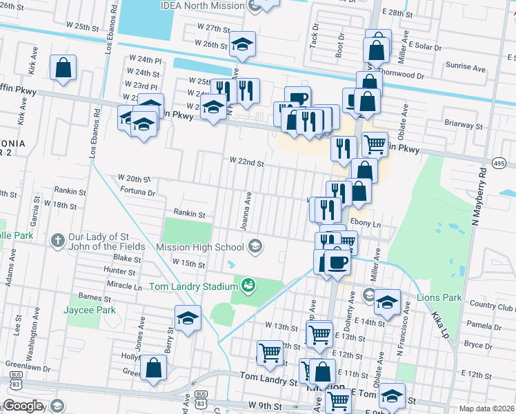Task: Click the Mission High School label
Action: coord(199,247)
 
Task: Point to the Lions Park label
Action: coord(438,298)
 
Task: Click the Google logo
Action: coord(22,406)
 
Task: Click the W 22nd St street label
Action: coord(247,164)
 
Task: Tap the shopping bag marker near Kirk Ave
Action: coord(63,68)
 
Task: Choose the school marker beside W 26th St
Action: coord(242,44)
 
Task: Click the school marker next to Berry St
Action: coord(188,319)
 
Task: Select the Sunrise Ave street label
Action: coord(466,67)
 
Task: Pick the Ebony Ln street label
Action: coord(366,224)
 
